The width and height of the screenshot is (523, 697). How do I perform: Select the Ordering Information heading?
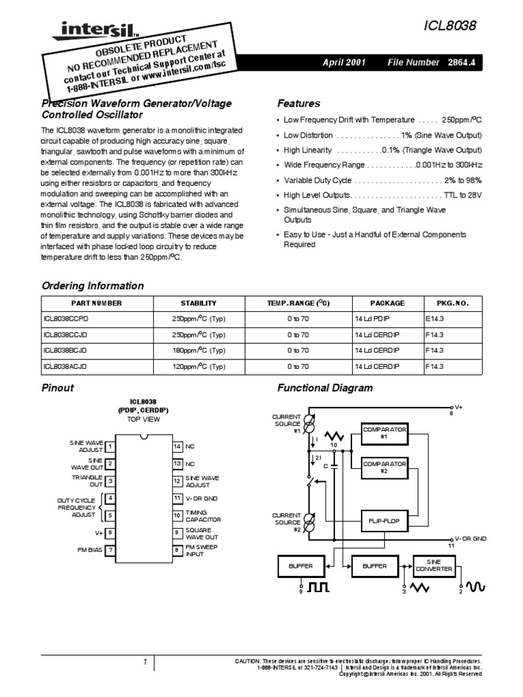[93, 286]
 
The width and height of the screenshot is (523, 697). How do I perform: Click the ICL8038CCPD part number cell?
[66, 319]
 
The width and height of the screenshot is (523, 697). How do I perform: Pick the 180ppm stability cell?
[198, 351]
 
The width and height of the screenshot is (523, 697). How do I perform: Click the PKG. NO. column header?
[447, 303]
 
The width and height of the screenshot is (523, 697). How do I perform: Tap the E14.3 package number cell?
[434, 319]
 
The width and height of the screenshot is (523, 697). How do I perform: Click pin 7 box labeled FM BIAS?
[110, 549]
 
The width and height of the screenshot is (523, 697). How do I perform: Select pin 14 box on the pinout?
[177, 447]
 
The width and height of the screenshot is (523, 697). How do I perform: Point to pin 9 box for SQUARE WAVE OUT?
[177, 533]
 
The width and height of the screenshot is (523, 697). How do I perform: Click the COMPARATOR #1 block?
[384, 434]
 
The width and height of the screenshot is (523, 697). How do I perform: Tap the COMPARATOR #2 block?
[384, 467]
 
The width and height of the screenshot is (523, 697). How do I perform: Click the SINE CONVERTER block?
[433, 566]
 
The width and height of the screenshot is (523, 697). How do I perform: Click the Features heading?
[298, 103]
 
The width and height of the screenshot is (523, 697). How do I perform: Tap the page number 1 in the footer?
[145, 662]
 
